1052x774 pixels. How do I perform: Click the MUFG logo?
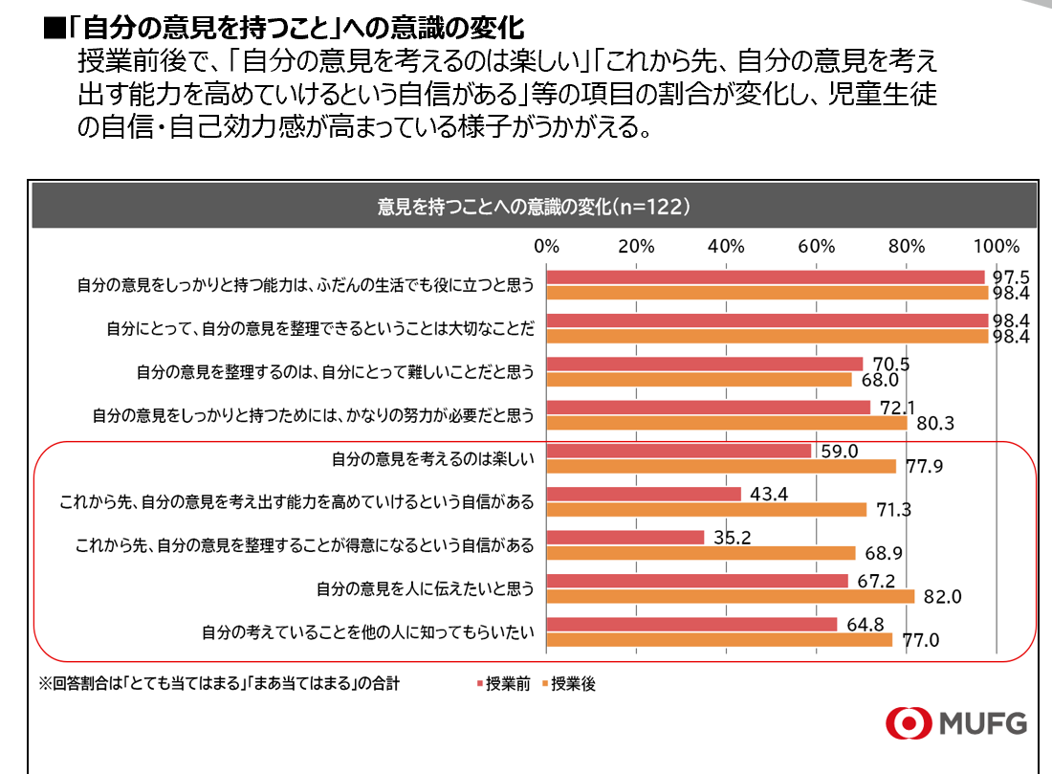click(955, 722)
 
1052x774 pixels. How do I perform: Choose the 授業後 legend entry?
click(573, 684)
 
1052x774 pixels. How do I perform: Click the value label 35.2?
click(733, 538)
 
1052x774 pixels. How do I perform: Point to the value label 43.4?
click(769, 494)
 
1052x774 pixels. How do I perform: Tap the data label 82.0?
click(941, 597)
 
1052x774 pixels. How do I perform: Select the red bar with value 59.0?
click(679, 451)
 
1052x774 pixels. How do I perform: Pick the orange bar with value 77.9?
click(721, 466)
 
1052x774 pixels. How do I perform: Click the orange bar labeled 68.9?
click(701, 553)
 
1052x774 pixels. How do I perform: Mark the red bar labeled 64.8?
click(691, 625)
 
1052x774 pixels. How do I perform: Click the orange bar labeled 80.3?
click(727, 422)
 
